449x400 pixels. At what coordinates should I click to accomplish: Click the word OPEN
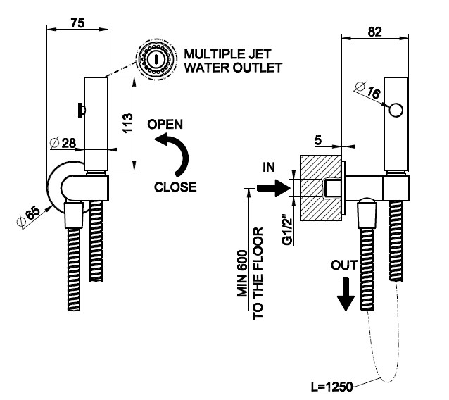point(165,124)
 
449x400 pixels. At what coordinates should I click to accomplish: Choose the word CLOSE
point(175,187)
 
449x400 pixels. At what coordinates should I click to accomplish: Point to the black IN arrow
point(270,187)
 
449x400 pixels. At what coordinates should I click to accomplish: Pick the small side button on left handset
point(82,110)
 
